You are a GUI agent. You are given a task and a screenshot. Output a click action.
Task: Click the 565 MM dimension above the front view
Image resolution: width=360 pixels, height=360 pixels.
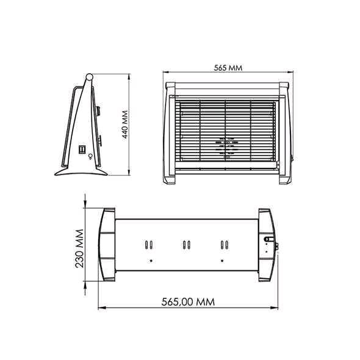tap(228, 68)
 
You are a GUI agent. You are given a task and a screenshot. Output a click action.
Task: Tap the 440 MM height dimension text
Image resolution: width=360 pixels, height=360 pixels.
tap(124, 124)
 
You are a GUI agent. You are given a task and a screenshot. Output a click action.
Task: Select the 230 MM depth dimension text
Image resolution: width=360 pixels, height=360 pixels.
tap(79, 248)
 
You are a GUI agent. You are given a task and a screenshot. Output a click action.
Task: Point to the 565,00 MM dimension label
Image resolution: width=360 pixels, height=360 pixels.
tap(188, 302)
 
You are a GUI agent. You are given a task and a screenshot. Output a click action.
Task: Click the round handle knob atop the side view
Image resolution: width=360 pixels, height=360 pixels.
tap(89, 77)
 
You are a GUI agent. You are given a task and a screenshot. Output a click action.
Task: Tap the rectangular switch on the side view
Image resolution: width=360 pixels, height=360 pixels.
tap(82, 149)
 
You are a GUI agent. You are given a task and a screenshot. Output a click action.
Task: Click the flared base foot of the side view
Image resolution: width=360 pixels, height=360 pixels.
tap(81, 171)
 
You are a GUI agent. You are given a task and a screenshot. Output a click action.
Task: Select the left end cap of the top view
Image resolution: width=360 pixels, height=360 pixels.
tap(107, 245)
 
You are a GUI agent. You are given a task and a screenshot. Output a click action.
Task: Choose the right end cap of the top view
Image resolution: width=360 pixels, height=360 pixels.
tap(267, 245)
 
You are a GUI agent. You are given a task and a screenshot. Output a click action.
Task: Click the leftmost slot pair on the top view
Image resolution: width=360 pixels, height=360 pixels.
tap(149, 245)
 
